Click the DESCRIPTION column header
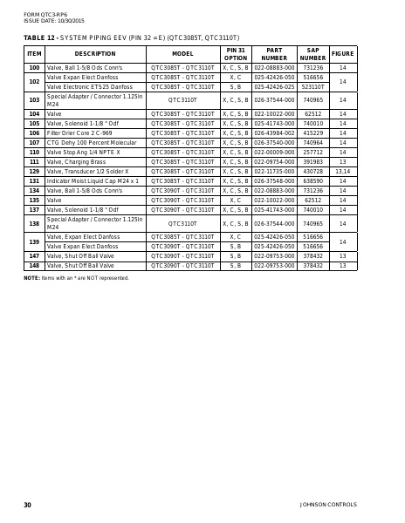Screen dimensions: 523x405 pyautogui.click(x=95, y=54)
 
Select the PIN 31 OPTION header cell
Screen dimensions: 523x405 pyautogui.click(x=235, y=54)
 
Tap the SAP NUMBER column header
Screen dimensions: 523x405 pyautogui.click(x=312, y=54)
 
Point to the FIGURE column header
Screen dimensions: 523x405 pyautogui.click(x=342, y=54)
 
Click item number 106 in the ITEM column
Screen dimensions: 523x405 pyautogui.click(x=34, y=132)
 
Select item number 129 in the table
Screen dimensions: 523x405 pyautogui.click(x=34, y=171)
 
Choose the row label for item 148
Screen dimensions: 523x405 pyautogui.click(x=34, y=265)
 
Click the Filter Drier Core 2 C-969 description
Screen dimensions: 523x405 pyautogui.click(x=79, y=132)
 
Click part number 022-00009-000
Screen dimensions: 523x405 pyautogui.click(x=274, y=152)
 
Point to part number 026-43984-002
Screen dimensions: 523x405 pyautogui.click(x=274, y=132)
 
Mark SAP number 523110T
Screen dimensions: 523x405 pyautogui.click(x=312, y=86)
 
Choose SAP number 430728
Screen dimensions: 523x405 pyautogui.click(x=312, y=171)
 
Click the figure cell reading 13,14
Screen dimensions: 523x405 pyautogui.click(x=342, y=171)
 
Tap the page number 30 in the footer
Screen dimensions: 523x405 pyautogui.click(x=27, y=505)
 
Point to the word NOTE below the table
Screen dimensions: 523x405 pyautogui.click(x=31, y=277)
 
